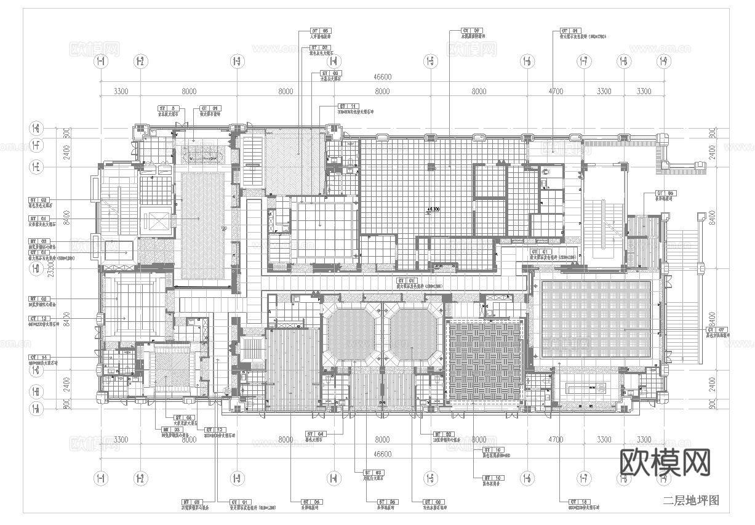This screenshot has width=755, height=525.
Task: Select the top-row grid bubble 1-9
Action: (663, 61)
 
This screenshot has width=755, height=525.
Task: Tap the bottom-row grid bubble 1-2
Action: (140, 478)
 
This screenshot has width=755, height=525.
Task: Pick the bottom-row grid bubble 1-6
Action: (527, 478)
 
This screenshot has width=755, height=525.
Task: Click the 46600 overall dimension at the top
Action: (382, 77)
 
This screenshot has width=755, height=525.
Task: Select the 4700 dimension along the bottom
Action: (555, 439)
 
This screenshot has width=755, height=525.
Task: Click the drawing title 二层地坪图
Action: (690, 500)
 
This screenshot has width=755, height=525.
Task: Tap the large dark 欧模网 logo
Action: (664, 462)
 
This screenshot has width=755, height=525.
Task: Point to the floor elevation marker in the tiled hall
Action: (433, 210)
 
